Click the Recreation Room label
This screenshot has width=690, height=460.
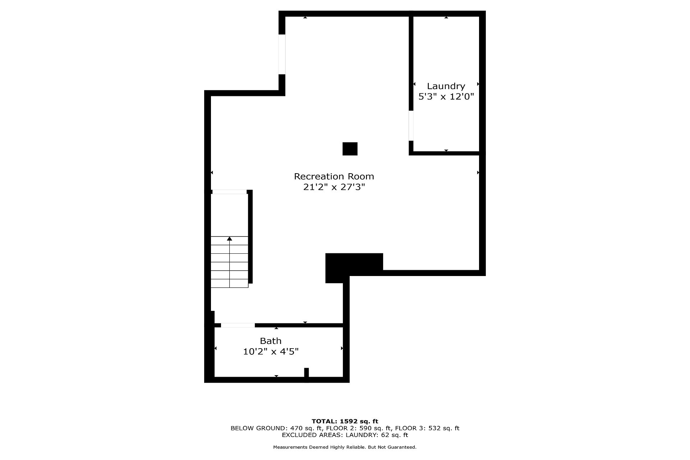coord(334,176)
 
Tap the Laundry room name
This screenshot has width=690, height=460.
coord(446,87)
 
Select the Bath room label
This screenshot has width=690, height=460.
coord(271,341)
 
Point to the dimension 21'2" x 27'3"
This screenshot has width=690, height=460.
coord(334,187)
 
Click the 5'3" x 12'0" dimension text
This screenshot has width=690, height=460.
coord(446,97)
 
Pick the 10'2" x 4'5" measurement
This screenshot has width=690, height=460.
coord(271,351)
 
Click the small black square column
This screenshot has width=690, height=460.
coord(350,149)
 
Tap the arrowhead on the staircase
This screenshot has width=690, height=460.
coord(230,239)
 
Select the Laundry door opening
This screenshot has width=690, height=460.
coord(411,125)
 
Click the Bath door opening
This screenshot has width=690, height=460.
coord(238,325)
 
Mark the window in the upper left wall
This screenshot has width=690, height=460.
coord(282,54)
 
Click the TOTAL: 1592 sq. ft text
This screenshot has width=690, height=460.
coord(345,421)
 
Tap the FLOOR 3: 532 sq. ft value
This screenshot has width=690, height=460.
coord(427,428)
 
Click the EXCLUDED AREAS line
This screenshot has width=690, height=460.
coord(345,435)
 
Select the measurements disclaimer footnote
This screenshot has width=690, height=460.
coord(345,447)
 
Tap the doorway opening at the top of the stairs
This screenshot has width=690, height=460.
coord(230,192)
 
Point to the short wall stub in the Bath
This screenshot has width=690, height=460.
coord(307,373)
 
